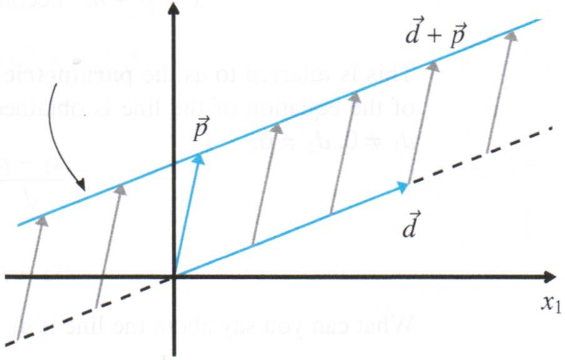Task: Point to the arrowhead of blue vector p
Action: coord(200,157)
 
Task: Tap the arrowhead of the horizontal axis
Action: coord(551,276)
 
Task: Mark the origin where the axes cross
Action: coord(174,276)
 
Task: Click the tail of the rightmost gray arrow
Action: coord(486,152)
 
